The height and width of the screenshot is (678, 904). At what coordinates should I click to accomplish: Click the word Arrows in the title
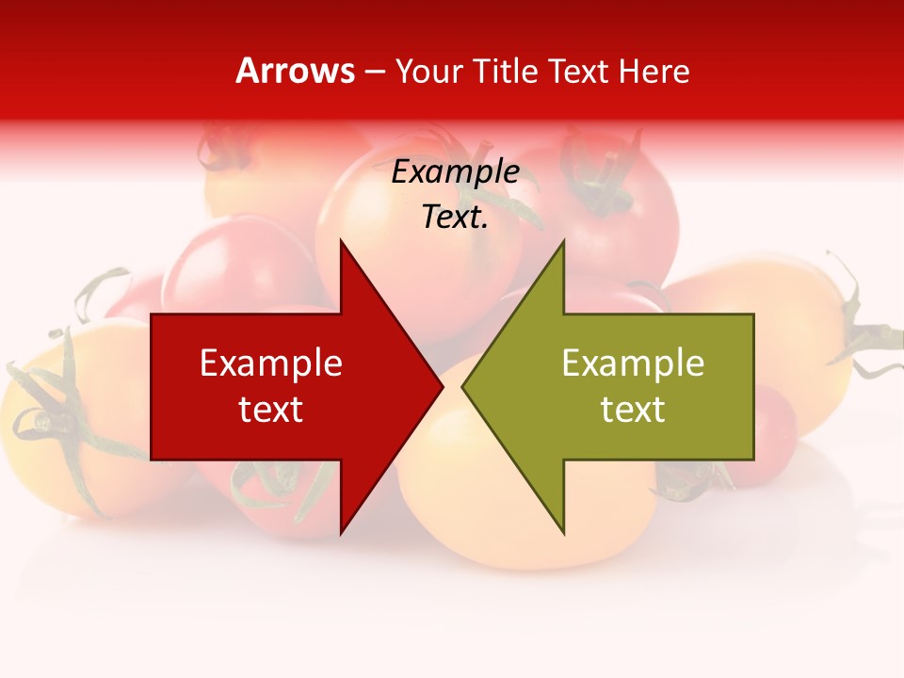296,71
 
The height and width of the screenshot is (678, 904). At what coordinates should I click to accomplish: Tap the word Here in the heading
654,71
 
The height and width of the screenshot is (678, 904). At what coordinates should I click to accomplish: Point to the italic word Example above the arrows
455,171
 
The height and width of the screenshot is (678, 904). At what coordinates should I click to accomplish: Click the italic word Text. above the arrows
455,217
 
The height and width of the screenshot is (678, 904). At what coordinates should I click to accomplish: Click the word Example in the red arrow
271,363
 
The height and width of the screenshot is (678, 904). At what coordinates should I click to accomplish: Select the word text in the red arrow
271,409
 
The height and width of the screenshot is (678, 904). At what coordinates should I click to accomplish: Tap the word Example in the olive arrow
633,363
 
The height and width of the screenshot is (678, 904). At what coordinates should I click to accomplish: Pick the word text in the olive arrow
633,409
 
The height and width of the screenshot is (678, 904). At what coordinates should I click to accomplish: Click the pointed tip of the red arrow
441,386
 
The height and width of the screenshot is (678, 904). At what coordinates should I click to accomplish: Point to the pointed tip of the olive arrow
464,387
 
